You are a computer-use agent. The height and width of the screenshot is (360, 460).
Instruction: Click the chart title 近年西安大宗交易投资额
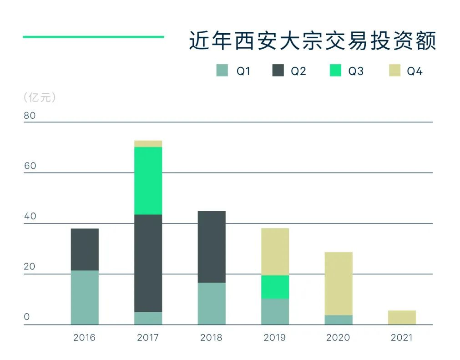click(313, 41)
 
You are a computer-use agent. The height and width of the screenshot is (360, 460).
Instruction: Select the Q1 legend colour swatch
click(222, 71)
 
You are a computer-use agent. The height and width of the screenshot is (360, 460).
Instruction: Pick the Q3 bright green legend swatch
click(335, 71)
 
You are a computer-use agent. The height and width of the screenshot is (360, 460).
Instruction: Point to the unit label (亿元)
click(40, 97)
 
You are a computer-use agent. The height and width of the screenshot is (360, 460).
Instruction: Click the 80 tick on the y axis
click(30, 116)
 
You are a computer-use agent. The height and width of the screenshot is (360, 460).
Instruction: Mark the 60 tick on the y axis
click(30, 166)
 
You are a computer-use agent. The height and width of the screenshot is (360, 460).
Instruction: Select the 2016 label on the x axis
click(84, 338)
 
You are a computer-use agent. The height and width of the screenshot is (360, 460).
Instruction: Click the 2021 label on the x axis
click(401, 338)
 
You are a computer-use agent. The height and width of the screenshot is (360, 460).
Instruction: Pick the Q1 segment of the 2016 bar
click(85, 298)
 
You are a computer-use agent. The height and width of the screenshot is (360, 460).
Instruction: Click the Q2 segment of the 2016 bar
click(85, 249)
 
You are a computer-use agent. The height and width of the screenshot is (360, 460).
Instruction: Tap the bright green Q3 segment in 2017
click(148, 181)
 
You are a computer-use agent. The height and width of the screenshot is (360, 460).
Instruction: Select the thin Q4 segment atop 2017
click(148, 144)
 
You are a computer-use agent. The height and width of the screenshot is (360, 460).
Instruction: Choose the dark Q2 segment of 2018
click(212, 247)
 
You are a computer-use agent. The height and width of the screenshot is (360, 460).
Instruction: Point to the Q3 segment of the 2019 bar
click(275, 287)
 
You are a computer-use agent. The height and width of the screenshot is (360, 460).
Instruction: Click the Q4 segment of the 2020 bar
click(339, 284)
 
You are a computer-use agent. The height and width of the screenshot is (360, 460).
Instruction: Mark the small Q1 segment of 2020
click(339, 320)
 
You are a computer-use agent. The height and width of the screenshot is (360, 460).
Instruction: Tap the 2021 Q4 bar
click(402, 318)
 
